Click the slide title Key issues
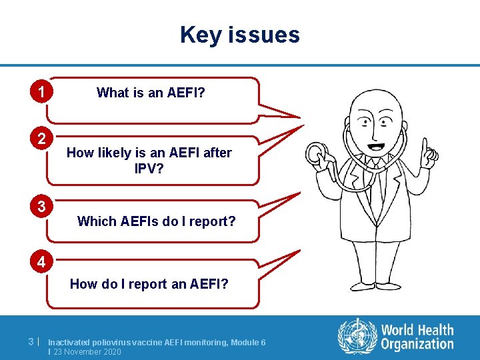pyautogui.click(x=240, y=35)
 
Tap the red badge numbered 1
pyautogui.click(x=41, y=91)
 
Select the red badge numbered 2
pyautogui.click(x=41, y=139)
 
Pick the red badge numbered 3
pyautogui.click(x=41, y=207)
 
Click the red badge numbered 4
pyautogui.click(x=41, y=262)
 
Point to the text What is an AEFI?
pyautogui.click(x=151, y=93)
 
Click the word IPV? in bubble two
pyautogui.click(x=149, y=169)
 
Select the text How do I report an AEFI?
pyautogui.click(x=149, y=284)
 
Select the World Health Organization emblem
pyautogui.click(x=357, y=337)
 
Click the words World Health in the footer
pyautogui.click(x=417, y=330)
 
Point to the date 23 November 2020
pyautogui.click(x=87, y=351)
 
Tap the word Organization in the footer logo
pyautogui.click(x=417, y=344)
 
